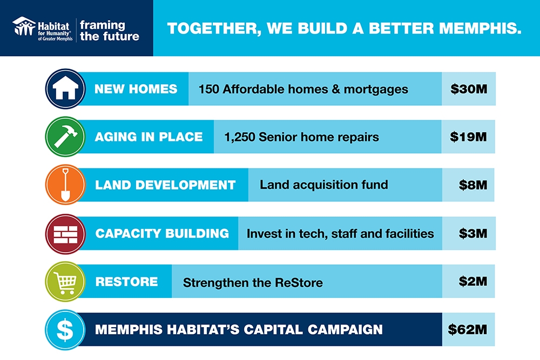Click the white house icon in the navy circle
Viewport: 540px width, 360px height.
[x=65, y=88]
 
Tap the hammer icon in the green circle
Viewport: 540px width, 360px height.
[x=65, y=137]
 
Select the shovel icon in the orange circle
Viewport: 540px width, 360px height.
[x=65, y=185]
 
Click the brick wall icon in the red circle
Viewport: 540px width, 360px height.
[x=65, y=234]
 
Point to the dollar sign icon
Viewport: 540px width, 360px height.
[x=65, y=330]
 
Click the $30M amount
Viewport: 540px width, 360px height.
[x=469, y=89]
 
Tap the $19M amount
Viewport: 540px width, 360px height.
[x=468, y=137]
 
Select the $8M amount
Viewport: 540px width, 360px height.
[x=473, y=185]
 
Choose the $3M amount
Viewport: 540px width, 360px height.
[x=473, y=233]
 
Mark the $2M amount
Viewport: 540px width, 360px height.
[x=473, y=282]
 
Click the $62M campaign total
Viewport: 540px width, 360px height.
[x=467, y=329]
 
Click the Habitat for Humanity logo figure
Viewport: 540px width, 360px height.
[x=24, y=26]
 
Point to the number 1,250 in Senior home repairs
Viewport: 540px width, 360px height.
[x=240, y=137]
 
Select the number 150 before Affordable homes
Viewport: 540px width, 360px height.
[x=208, y=89]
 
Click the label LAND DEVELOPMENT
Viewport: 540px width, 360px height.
[x=165, y=185]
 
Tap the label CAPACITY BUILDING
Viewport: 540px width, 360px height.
[x=162, y=233]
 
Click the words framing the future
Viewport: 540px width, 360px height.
[x=110, y=31]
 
